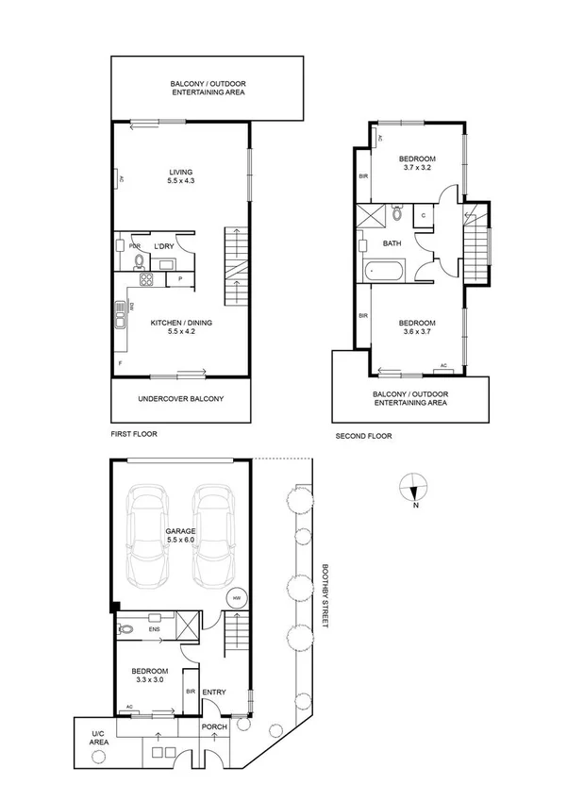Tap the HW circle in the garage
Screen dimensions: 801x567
(x=235, y=597)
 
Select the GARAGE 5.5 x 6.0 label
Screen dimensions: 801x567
(x=181, y=536)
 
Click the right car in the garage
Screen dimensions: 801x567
(x=212, y=537)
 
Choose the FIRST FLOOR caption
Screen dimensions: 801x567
(x=134, y=434)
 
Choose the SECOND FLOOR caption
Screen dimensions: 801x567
(x=363, y=436)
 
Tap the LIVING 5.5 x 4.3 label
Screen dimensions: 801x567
(x=181, y=176)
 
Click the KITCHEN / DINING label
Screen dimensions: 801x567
(x=181, y=327)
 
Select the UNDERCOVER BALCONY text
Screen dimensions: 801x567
(x=181, y=399)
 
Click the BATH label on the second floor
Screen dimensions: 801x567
(x=392, y=243)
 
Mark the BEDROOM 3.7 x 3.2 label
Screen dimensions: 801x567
(x=416, y=163)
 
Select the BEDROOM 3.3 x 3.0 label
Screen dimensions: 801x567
(x=151, y=676)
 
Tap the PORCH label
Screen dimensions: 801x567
(x=214, y=727)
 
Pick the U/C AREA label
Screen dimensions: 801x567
(x=99, y=738)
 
